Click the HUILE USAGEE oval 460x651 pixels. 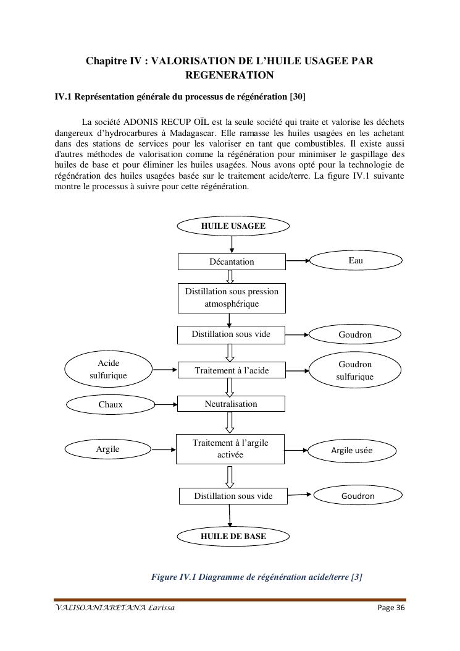point(233,226)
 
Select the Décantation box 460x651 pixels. point(232,262)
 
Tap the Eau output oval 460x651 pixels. point(355,261)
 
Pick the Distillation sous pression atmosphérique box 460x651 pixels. point(232,298)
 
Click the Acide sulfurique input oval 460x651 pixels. point(108,370)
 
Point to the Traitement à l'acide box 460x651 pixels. point(232,370)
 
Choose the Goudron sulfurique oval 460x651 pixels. point(355,370)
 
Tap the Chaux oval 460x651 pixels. point(111,404)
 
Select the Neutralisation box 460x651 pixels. point(231,404)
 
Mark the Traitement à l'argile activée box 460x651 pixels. point(230,449)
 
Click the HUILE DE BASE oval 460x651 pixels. point(233,536)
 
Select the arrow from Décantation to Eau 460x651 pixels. point(297,261)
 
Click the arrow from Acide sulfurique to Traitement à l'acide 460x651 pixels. point(165,370)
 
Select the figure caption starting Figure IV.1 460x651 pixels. point(256,577)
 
